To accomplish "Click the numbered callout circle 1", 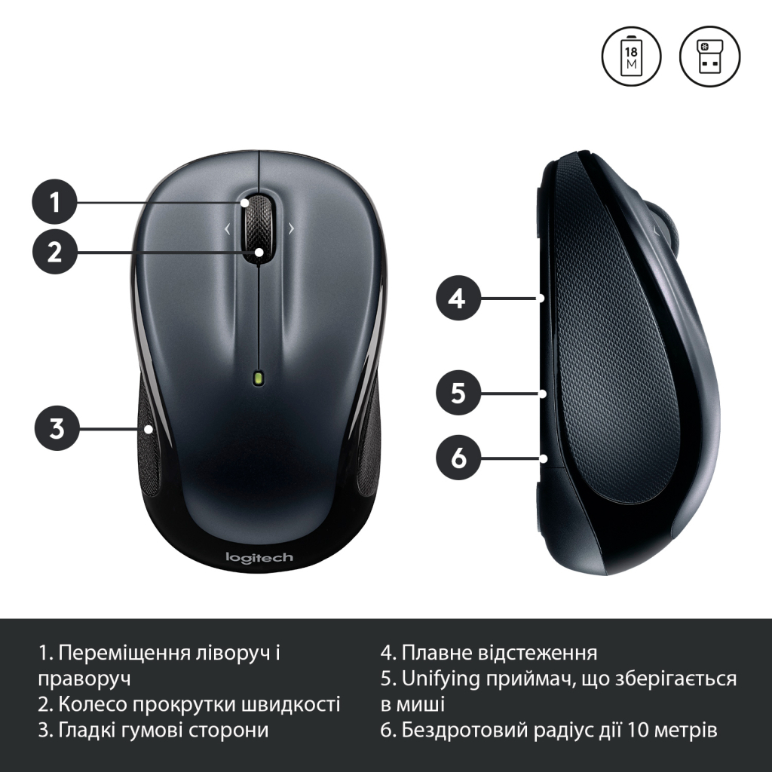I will (x=55, y=202).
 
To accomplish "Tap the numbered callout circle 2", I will (x=55, y=252).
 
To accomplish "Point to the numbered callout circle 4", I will (x=458, y=299).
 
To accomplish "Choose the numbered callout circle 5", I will (x=458, y=393).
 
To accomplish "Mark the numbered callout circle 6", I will (x=458, y=457).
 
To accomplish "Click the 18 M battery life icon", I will (x=631, y=57).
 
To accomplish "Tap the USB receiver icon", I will (x=709, y=57).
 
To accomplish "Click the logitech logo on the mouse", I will (x=259, y=558).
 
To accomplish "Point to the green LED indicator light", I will (x=259, y=378).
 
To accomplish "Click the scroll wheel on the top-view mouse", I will (x=259, y=227).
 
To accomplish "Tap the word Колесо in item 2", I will (x=87, y=704).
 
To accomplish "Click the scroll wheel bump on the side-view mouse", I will (x=669, y=226).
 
